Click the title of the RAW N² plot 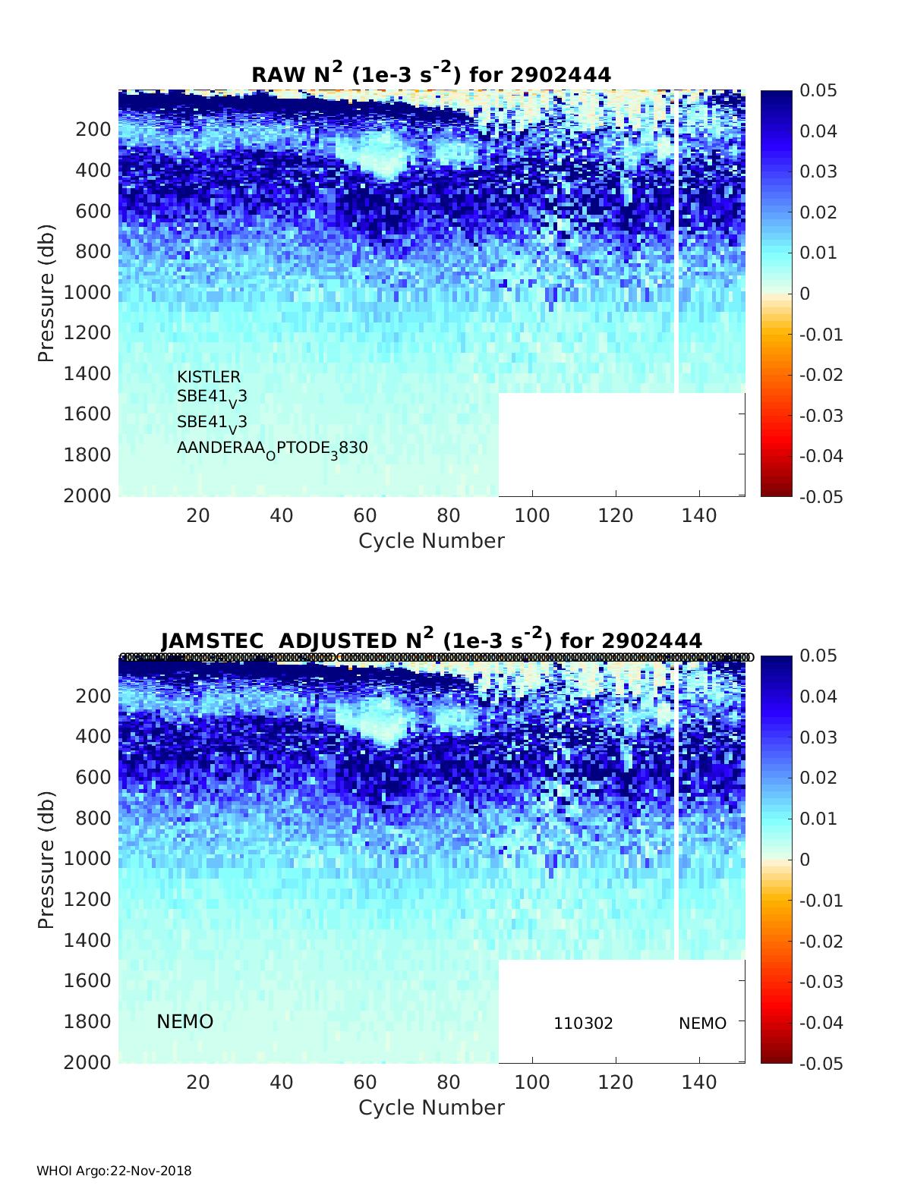(x=430, y=74)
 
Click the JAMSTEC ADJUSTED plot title (x=430, y=640)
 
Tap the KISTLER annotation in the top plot (x=209, y=377)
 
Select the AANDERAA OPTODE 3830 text (x=272, y=448)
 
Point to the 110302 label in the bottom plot (x=583, y=1024)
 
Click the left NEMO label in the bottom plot (x=184, y=1022)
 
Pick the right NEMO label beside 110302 (x=702, y=1024)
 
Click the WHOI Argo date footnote (x=114, y=1171)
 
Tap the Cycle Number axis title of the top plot (x=431, y=541)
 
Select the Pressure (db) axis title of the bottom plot (x=46, y=860)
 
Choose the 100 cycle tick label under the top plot (x=531, y=516)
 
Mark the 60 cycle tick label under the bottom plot (x=365, y=1082)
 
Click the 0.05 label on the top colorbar (x=818, y=91)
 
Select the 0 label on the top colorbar (x=805, y=294)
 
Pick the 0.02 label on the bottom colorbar (x=818, y=778)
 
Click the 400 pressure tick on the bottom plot (x=93, y=736)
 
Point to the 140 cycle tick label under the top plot (x=698, y=516)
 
